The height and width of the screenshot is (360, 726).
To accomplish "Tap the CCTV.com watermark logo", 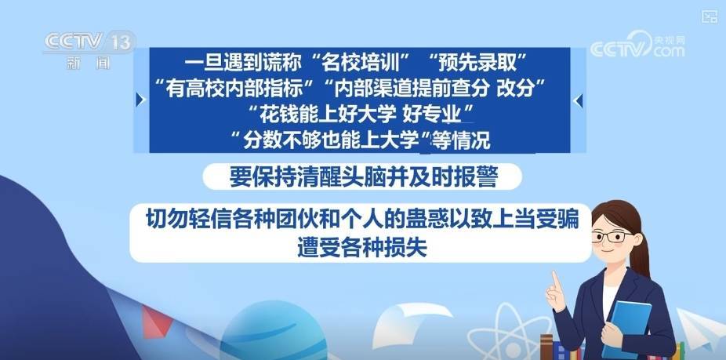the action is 637,45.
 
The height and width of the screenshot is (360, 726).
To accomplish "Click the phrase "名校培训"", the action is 361,63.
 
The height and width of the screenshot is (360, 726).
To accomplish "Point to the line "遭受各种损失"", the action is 361,249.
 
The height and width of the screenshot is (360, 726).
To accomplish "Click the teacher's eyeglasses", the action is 612,237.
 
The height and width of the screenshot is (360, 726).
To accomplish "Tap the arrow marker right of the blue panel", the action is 578,100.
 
